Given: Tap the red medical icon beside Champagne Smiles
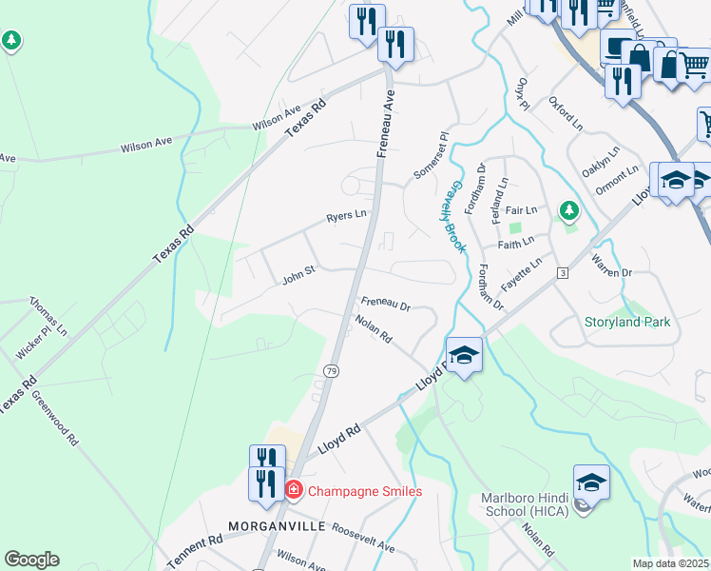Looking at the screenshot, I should pos(294,490).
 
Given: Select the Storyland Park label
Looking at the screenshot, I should pos(626,322).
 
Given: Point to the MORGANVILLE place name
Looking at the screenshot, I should pos(278,526).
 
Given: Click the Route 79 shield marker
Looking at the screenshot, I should pos(330,371).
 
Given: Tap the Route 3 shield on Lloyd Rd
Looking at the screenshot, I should pos(563,274).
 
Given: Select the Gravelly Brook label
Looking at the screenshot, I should pos(457,217).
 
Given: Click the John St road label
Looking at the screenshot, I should pos(298,280).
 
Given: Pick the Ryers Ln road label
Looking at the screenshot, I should pos(346,217).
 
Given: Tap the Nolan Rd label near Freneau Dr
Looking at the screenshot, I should pos(373,330).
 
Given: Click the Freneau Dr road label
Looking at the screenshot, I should pos(385,306).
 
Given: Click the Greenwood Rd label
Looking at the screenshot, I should pos(55,419).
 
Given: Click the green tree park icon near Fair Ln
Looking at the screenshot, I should pos(568,209).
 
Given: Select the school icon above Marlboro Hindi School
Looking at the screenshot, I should pos(590,483).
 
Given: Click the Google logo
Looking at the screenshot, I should pos(31,560).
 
